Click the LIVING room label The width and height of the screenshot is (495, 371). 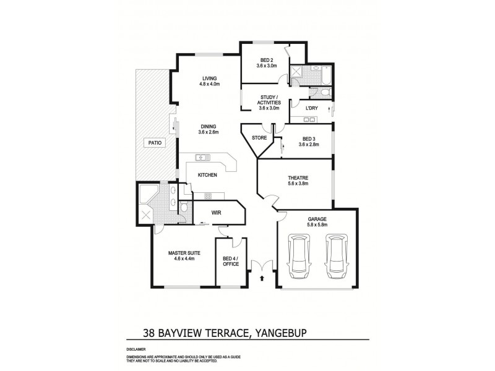(x=210, y=78)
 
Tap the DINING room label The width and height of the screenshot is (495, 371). (x=208, y=127)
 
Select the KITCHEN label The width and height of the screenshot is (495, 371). (x=207, y=176)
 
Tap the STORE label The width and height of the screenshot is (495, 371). (x=260, y=138)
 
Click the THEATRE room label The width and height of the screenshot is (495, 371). (x=298, y=178)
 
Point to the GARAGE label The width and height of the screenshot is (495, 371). (x=317, y=219)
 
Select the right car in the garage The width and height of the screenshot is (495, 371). (x=334, y=254)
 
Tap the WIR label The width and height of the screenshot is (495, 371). (x=217, y=213)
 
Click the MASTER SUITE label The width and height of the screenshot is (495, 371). (x=181, y=253)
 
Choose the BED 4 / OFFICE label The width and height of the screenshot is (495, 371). (x=230, y=261)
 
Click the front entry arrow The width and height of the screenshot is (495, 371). (x=262, y=279)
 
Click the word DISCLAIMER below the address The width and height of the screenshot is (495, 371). (x=136, y=349)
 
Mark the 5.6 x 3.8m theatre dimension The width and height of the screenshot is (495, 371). (x=298, y=184)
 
